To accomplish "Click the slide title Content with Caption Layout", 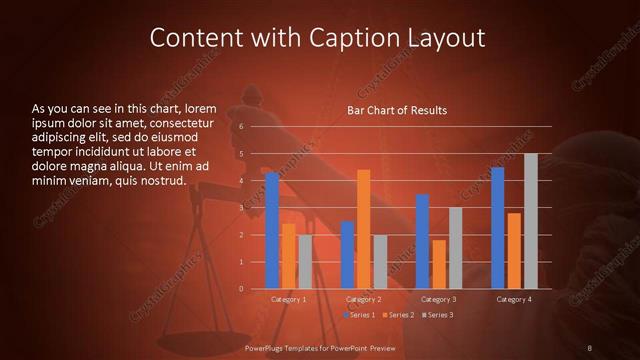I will tap(317, 38).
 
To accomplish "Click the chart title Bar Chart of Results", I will tap(397, 110).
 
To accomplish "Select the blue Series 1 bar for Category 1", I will tap(272, 231).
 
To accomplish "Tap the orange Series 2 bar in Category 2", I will tap(363, 229).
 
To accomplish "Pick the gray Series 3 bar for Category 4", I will tap(530, 221).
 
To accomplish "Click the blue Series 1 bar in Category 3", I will tap(422, 241).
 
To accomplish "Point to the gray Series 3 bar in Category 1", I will tap(305, 262).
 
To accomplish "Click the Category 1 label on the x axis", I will tap(289, 299).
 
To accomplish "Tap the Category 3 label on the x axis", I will tap(438, 299).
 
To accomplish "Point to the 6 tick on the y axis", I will tap(241, 127).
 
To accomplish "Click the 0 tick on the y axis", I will tap(241, 289).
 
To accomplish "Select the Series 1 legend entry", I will tap(361, 314).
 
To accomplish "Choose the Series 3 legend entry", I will tap(438, 314).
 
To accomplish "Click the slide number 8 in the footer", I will tap(590, 347).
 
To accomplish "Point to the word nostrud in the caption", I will tap(164, 180).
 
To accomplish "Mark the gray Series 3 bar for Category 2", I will tap(380, 262).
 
